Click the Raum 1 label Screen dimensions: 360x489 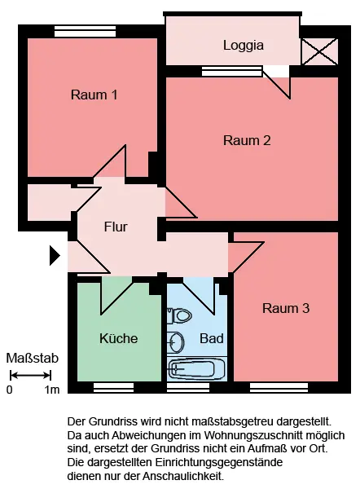point(94,95)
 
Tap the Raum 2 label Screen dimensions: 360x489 point(247,140)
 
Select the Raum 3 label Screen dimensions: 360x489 point(286,308)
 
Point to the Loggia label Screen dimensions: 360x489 point(244,46)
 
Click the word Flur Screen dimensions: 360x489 point(116,227)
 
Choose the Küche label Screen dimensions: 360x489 point(118,338)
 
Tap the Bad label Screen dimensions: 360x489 point(211,338)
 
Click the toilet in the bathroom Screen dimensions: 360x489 point(179,315)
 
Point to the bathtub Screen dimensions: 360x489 point(196,369)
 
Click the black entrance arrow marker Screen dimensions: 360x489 point(55,255)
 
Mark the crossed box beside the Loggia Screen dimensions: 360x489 point(320,52)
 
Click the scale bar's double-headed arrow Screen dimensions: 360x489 point(30,375)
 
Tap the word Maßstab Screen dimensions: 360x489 point(33,359)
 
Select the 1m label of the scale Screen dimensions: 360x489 point(52,390)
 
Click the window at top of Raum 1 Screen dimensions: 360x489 point(85,32)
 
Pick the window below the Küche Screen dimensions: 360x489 point(113,388)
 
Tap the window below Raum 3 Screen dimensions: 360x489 point(279,388)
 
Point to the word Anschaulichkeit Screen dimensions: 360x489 point(183,476)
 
